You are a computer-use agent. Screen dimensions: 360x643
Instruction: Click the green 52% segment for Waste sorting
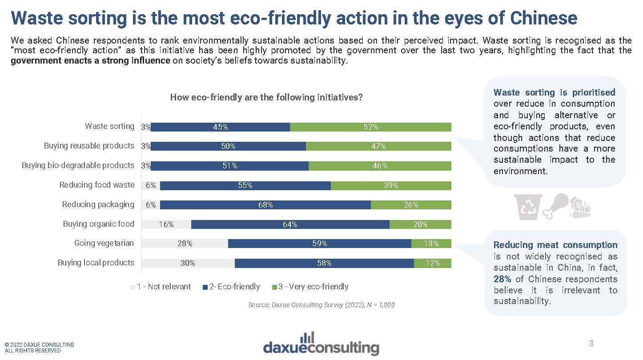pyautogui.click(x=370, y=127)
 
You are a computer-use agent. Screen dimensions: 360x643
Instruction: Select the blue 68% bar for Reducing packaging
pyautogui.click(x=265, y=205)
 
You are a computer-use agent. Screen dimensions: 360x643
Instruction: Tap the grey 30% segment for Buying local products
pyautogui.click(x=188, y=263)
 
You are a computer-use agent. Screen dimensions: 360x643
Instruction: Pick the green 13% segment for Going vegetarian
pyautogui.click(x=431, y=244)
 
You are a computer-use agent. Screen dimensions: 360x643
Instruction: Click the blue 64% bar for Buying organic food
pyautogui.click(x=290, y=224)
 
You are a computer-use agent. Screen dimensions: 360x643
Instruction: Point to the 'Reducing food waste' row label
pyautogui.click(x=96, y=185)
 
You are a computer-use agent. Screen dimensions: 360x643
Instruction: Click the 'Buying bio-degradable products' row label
pyautogui.click(x=78, y=165)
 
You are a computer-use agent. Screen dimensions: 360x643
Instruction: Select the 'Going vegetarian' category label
pyautogui.click(x=104, y=244)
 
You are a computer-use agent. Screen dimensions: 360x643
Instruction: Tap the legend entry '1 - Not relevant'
pyautogui.click(x=161, y=287)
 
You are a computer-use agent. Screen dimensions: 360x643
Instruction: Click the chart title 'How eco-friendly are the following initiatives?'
pyautogui.click(x=266, y=97)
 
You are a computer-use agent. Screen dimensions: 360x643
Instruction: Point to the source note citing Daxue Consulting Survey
pyautogui.click(x=321, y=305)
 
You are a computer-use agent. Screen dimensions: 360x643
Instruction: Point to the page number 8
pyautogui.click(x=591, y=344)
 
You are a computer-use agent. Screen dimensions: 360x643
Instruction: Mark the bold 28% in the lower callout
pyautogui.click(x=502, y=279)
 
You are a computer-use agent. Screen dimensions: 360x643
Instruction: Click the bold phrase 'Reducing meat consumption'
pyautogui.click(x=555, y=245)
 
